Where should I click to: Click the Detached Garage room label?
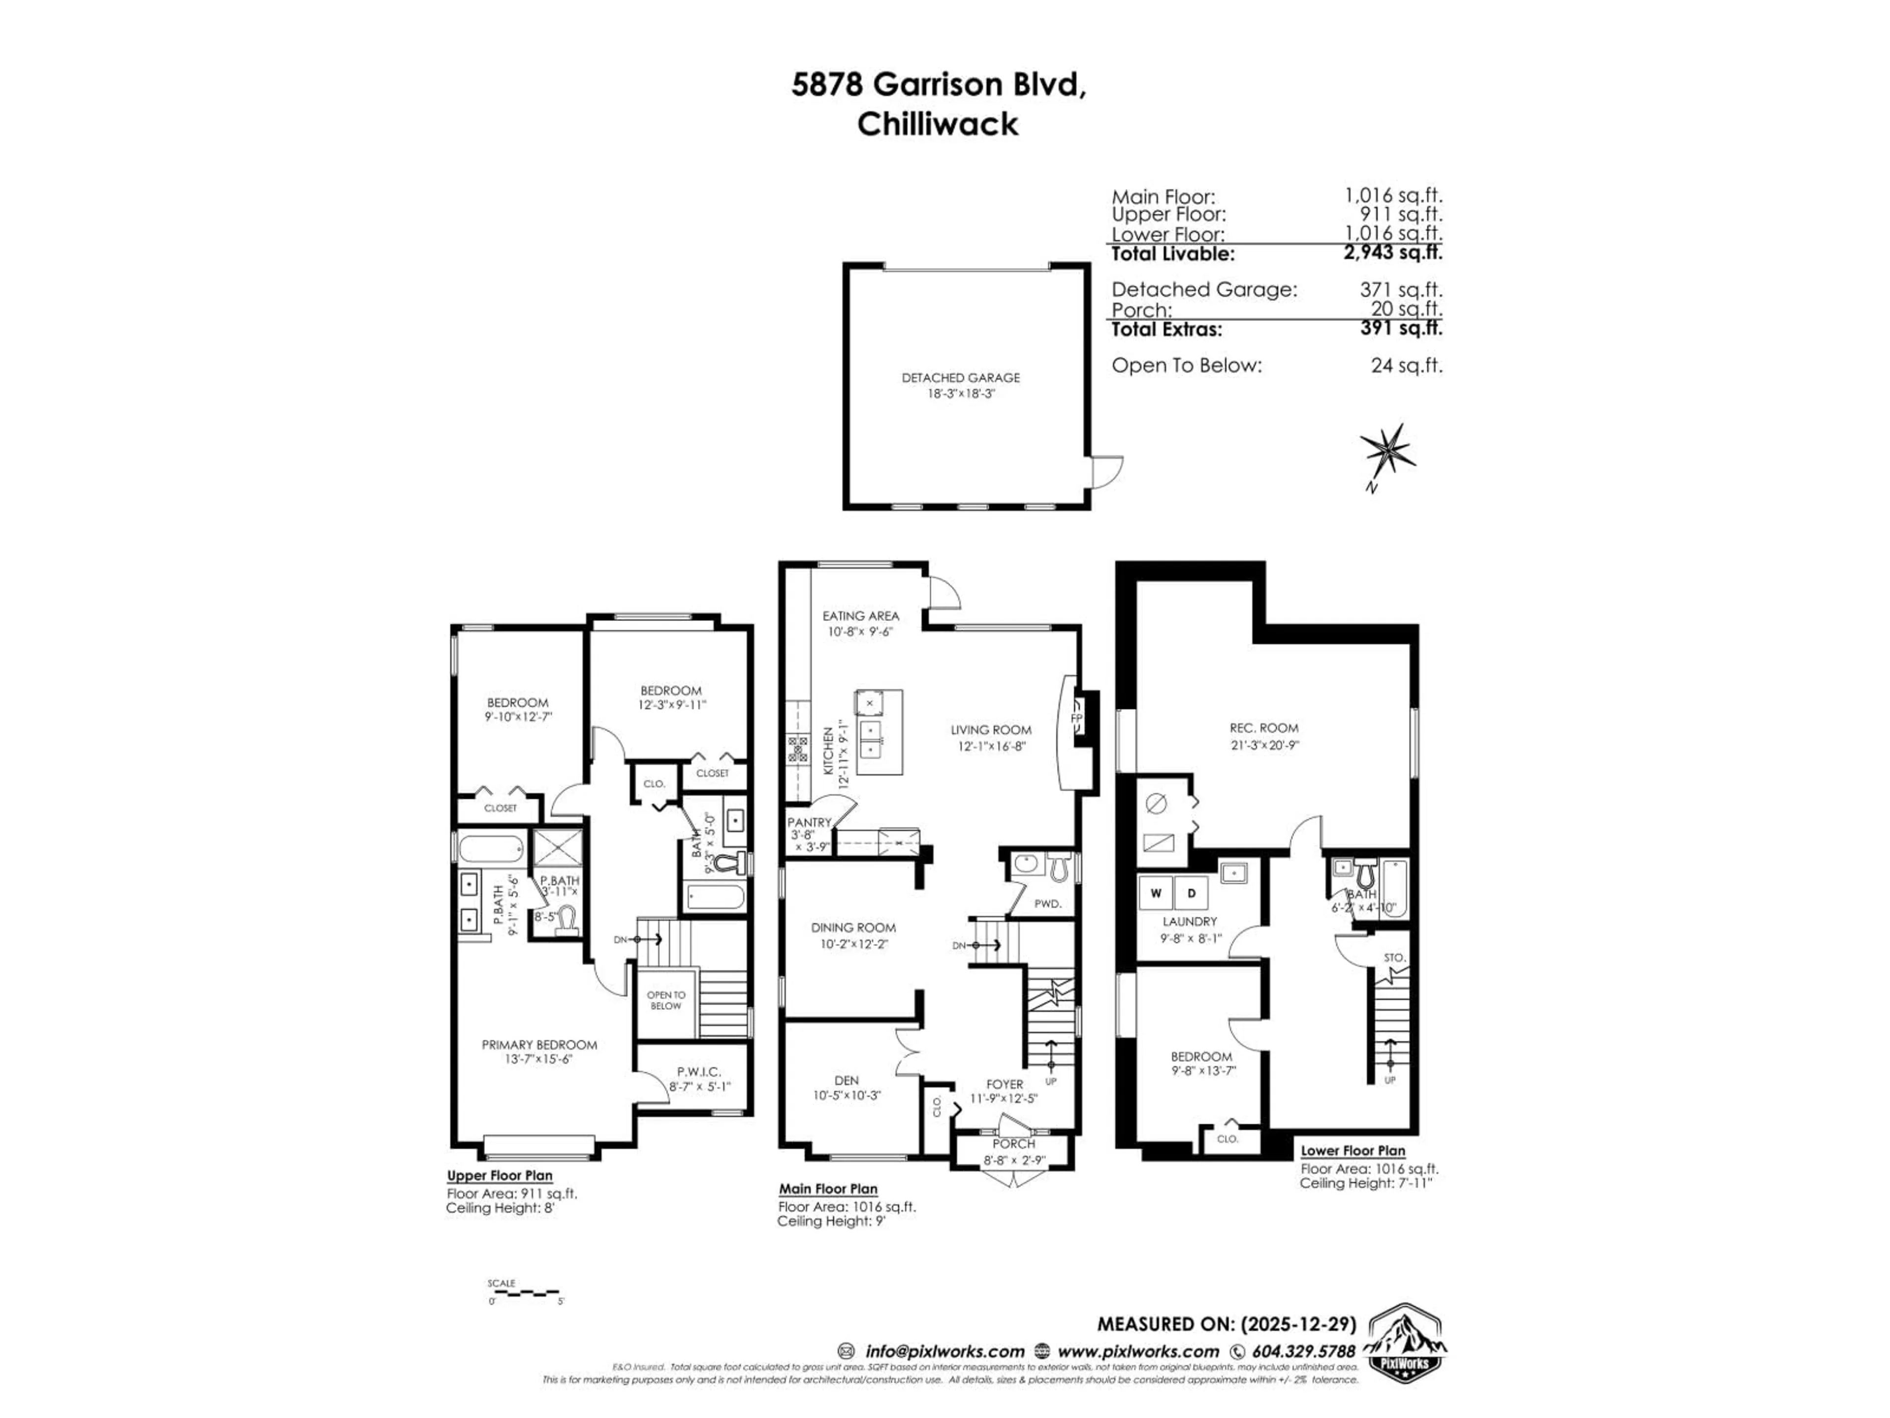(960, 378)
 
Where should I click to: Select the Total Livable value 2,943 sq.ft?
(1393, 253)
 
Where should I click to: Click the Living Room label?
(990, 730)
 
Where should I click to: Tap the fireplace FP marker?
(1077, 717)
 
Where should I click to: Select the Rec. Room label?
(1264, 728)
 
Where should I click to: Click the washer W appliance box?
(1156, 893)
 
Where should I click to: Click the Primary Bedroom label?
(539, 1044)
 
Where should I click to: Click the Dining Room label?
(853, 928)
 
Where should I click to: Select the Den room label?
(846, 1080)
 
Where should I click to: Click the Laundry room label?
(1189, 921)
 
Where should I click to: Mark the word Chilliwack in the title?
(937, 125)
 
